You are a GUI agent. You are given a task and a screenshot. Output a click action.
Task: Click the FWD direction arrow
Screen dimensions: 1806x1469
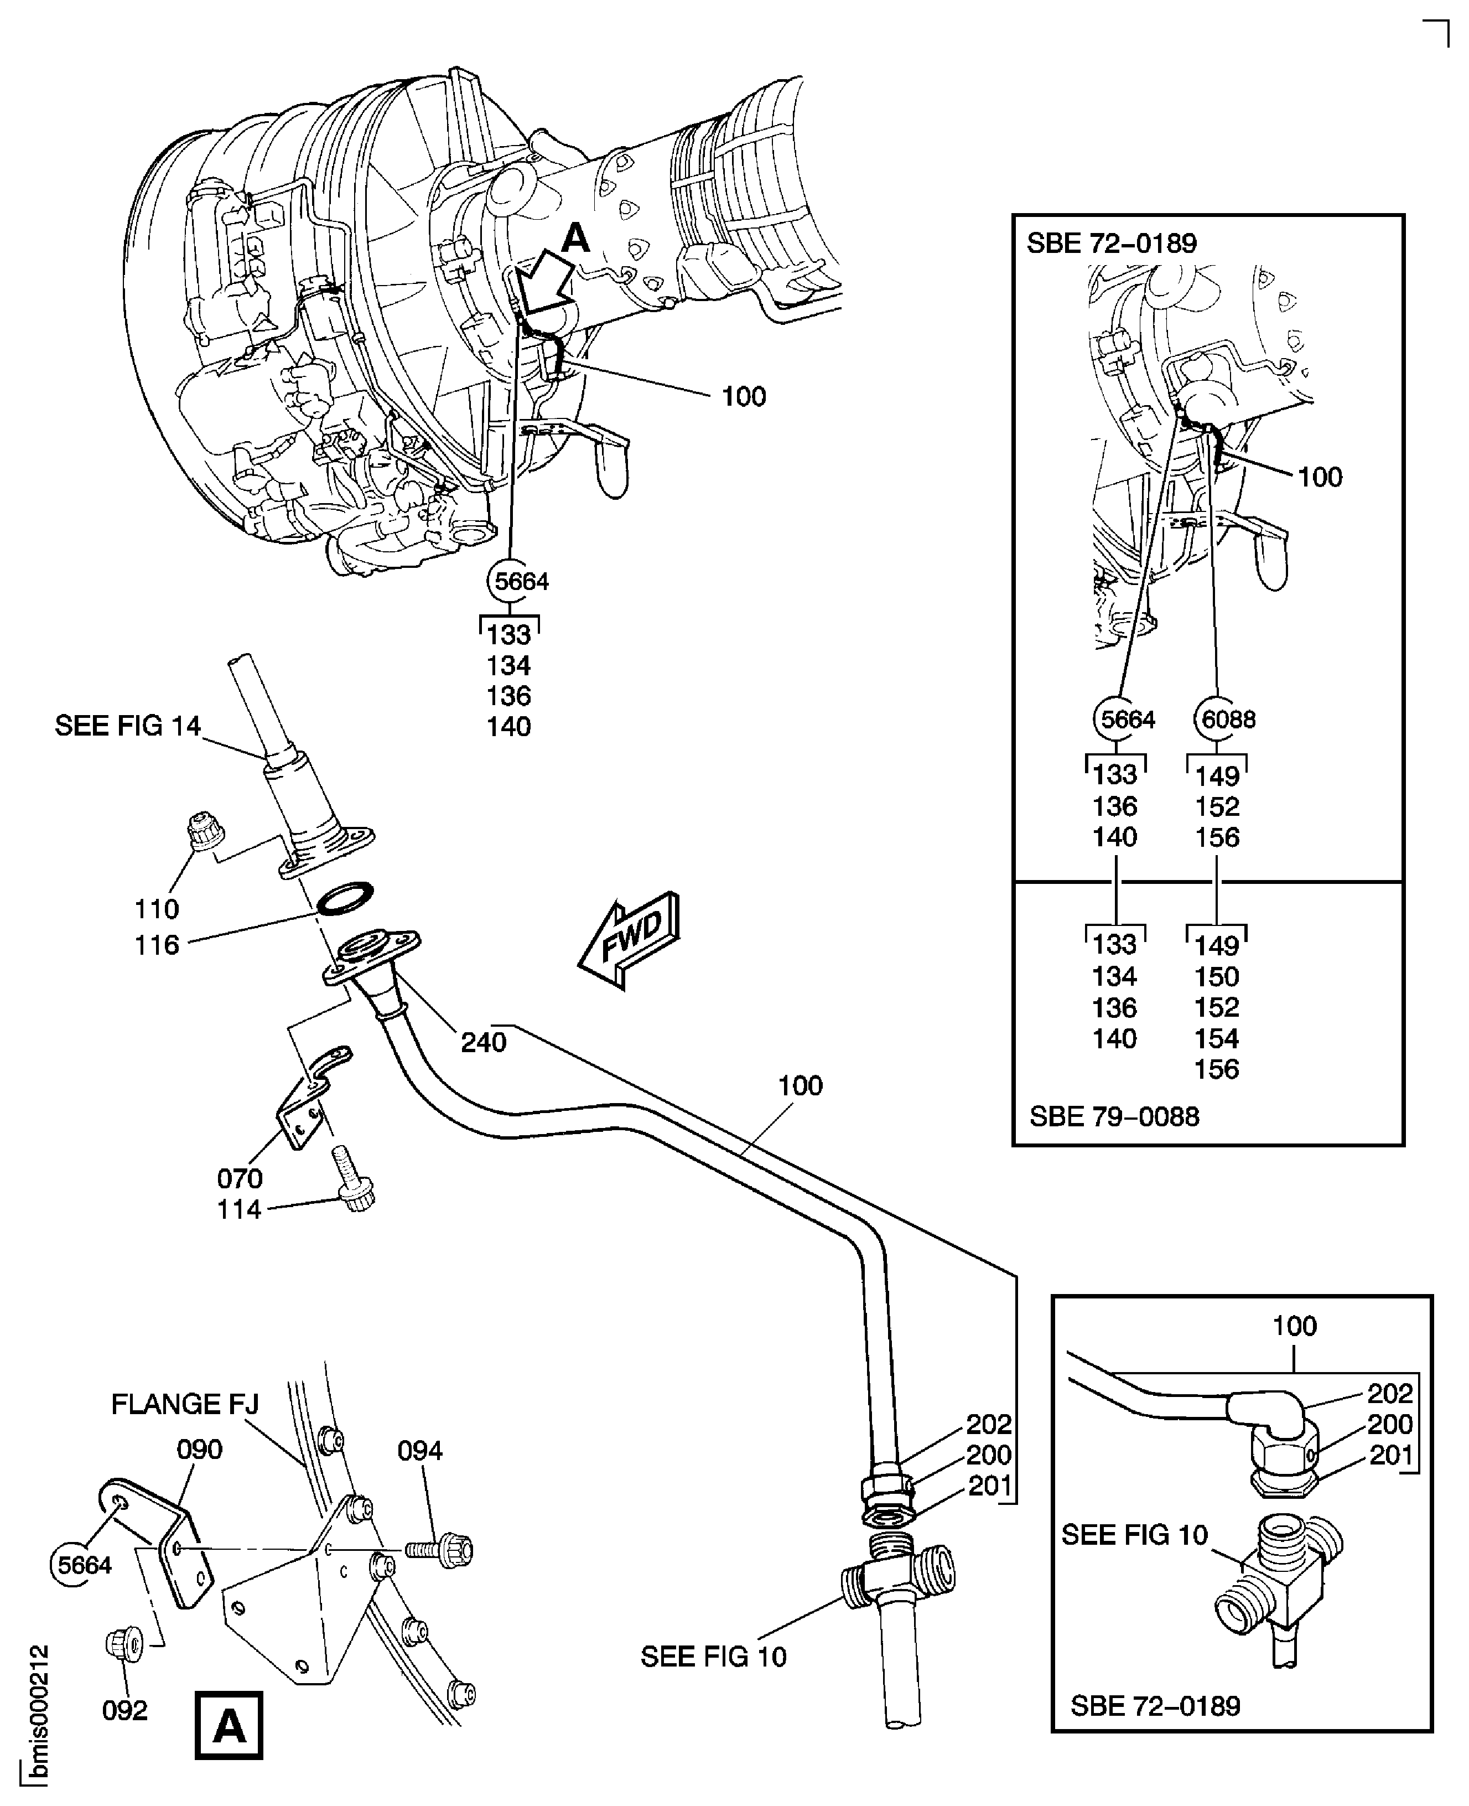(630, 939)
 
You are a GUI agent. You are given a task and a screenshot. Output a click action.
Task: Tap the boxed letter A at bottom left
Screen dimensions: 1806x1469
(229, 1725)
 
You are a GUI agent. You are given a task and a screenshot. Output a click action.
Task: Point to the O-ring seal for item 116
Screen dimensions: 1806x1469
(345, 899)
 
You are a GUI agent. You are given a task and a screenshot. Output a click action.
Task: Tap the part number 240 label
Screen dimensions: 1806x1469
(483, 1042)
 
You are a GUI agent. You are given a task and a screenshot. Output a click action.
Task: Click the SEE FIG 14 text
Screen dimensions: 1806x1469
(128, 725)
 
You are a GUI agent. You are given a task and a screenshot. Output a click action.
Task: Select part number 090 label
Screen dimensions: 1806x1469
(200, 1449)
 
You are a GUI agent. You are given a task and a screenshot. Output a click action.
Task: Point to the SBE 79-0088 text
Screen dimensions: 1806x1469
(1114, 1116)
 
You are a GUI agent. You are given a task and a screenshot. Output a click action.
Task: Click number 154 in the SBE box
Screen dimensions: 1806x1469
(1216, 1038)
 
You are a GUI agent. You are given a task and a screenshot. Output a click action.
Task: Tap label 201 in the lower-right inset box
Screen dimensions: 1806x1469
(1390, 1454)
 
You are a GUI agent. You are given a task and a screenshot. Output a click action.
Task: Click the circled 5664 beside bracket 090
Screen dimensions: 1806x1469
(85, 1565)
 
